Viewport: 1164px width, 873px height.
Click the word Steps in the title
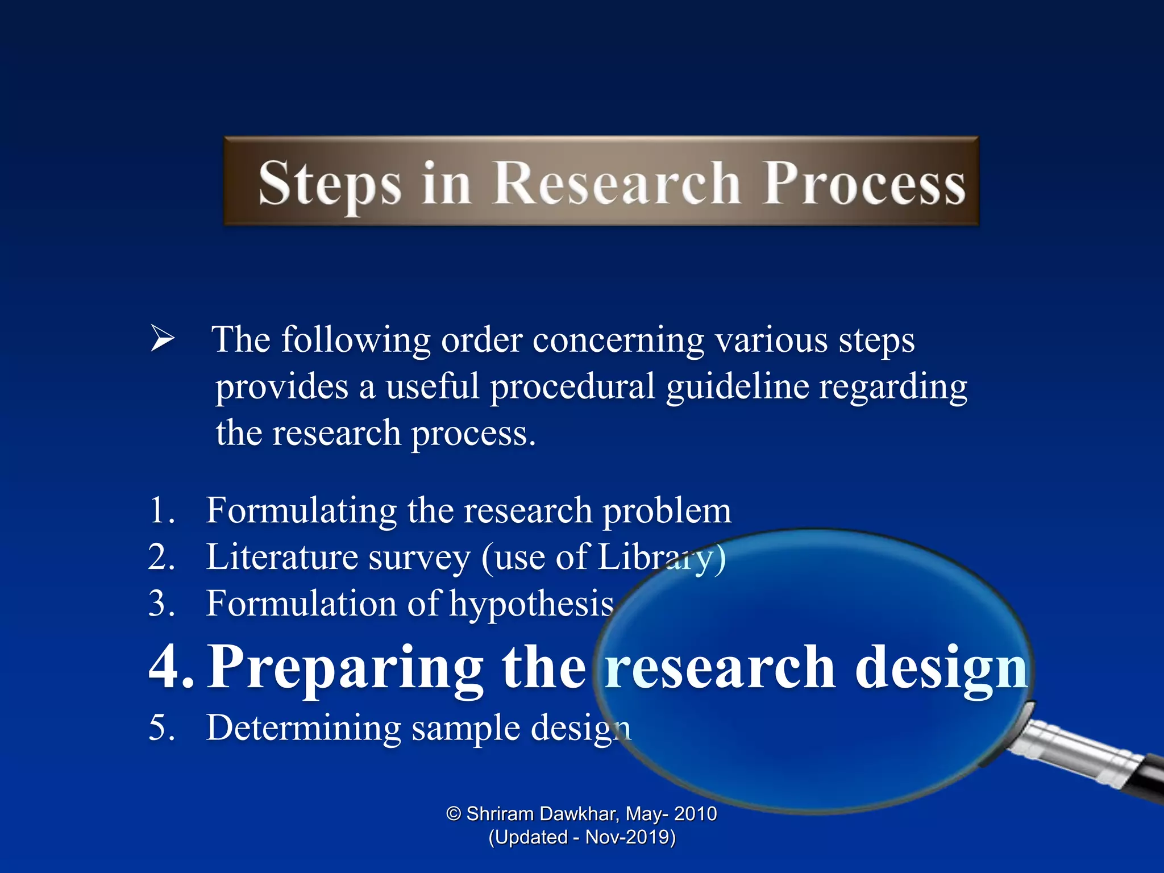[x=330, y=183]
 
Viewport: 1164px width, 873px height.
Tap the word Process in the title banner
[x=864, y=183]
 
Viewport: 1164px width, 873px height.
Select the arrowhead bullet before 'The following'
[x=162, y=339]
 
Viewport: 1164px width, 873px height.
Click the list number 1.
[x=160, y=510]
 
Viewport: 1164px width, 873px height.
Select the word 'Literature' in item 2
[x=281, y=557]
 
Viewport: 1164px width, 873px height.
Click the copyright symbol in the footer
[x=453, y=814]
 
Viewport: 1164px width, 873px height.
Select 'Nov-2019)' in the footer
[x=630, y=837]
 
